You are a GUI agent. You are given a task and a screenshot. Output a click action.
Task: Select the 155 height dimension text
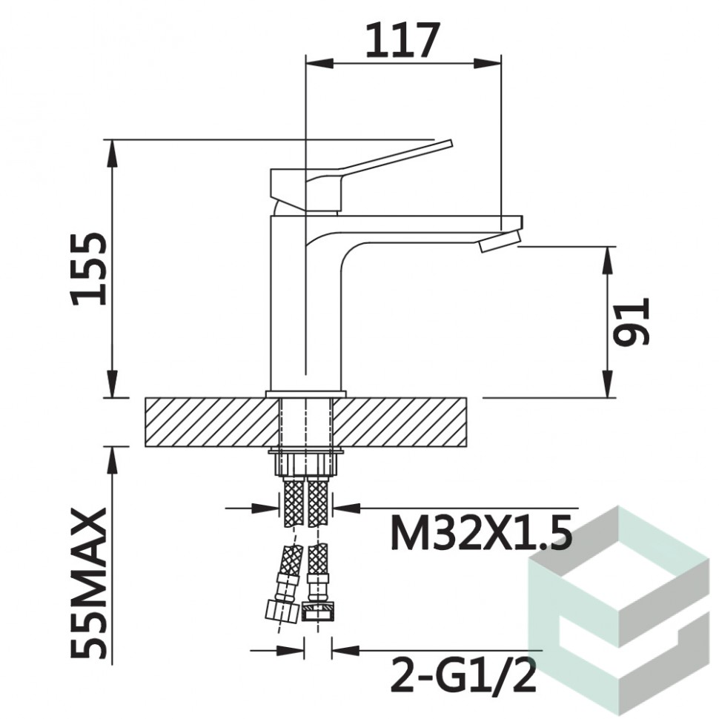pyautogui.click(x=88, y=269)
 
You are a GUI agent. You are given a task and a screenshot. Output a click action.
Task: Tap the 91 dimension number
pyautogui.click(x=632, y=321)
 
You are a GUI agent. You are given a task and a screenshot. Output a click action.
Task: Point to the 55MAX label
pyautogui.click(x=88, y=583)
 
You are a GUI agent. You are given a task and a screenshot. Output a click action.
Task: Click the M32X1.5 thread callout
pyautogui.click(x=481, y=532)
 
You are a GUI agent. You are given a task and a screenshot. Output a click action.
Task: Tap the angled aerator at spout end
pyautogui.click(x=500, y=241)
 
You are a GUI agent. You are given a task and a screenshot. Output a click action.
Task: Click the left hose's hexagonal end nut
pyautogui.click(x=282, y=610)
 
